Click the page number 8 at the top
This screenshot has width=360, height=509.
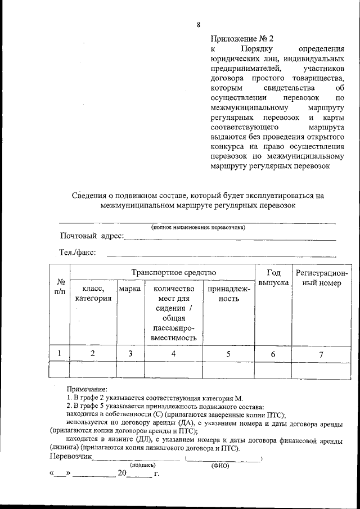point(199,24)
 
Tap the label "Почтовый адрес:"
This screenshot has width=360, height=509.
point(92,236)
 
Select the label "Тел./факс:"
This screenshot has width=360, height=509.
point(78,253)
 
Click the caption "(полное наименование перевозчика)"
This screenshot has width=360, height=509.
point(198,227)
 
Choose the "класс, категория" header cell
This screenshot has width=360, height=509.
point(93,294)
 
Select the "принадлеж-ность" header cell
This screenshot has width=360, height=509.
point(228,294)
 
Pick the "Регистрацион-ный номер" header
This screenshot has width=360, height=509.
point(322,278)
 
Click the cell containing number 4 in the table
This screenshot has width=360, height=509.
point(173,353)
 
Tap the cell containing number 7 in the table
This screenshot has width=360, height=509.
point(322,354)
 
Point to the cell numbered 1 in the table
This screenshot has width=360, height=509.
point(60,353)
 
